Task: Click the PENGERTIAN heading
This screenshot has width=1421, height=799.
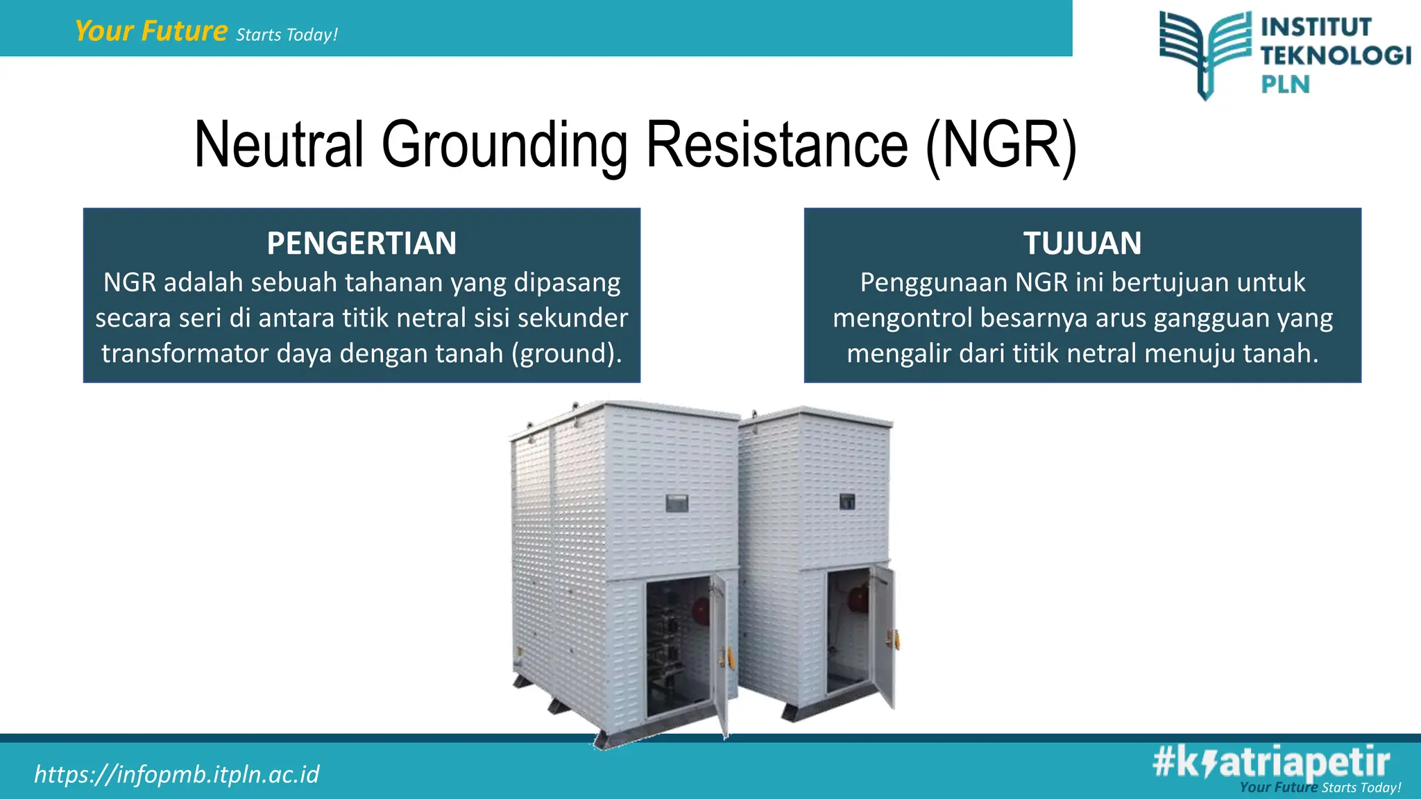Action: tap(361, 243)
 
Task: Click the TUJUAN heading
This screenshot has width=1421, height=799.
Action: tap(1082, 243)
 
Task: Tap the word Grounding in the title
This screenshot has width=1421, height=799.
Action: tap(504, 145)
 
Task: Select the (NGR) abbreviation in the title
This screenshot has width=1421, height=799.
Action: tap(1001, 145)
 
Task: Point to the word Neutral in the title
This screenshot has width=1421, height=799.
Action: tap(279, 145)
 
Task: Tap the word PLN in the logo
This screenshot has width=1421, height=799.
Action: tap(1285, 85)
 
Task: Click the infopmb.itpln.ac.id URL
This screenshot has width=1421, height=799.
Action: tap(177, 774)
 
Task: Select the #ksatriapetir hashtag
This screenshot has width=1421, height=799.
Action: tap(1271, 762)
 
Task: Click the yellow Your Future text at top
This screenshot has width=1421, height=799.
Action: tap(151, 31)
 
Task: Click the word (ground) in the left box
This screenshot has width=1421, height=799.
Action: tap(566, 354)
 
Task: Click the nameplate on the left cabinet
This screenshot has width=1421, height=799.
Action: tap(677, 502)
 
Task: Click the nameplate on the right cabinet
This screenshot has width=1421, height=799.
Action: tap(846, 501)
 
